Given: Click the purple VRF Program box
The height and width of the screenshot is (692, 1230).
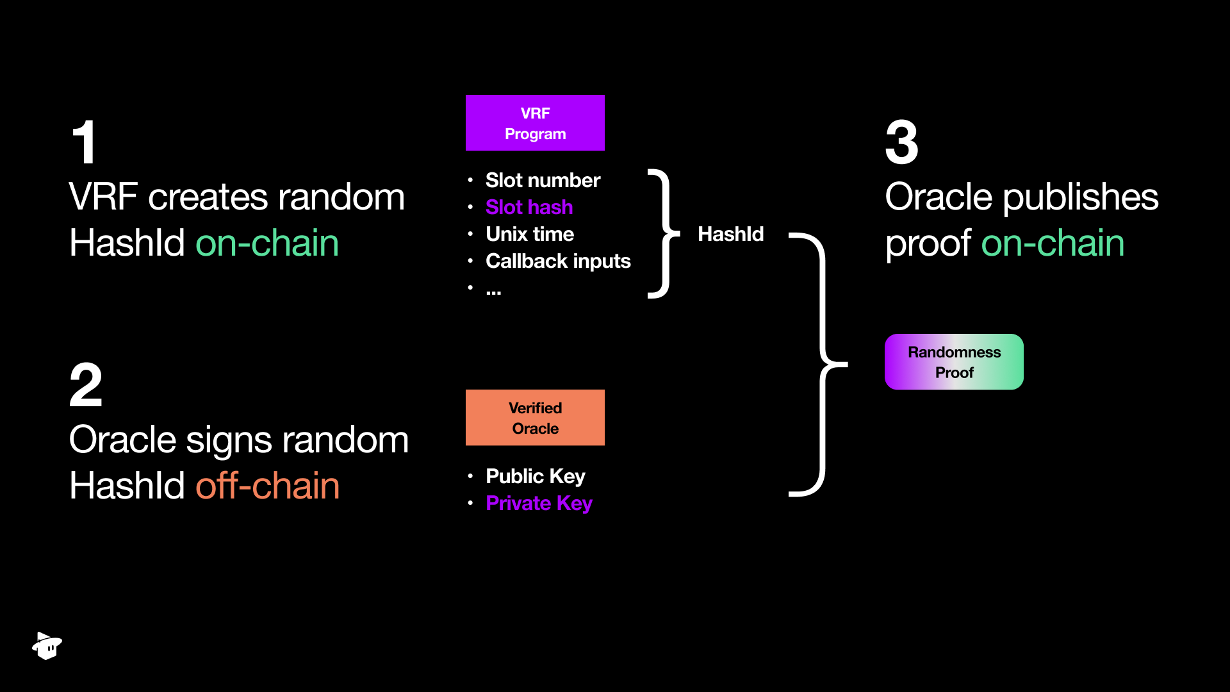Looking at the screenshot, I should [x=535, y=123].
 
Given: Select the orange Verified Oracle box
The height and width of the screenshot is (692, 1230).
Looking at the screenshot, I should [x=535, y=418].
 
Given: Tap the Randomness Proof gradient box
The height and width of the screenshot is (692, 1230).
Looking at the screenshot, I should [x=954, y=362].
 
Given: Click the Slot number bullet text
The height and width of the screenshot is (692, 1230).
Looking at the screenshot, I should [x=543, y=181].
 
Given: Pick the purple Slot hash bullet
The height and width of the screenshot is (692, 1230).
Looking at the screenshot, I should [x=529, y=208].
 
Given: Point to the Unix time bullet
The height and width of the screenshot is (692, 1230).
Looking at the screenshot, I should [x=530, y=235].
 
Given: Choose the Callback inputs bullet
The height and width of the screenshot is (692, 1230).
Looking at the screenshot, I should [x=558, y=261].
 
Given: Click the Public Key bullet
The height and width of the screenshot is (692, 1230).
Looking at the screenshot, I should [x=536, y=477].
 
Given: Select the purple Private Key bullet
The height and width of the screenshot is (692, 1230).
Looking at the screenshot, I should [x=539, y=504].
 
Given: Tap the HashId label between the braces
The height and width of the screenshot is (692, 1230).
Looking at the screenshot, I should [x=730, y=235].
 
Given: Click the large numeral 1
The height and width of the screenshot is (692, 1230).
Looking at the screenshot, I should [x=85, y=142].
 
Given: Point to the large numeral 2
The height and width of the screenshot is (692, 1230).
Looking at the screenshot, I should [x=86, y=385].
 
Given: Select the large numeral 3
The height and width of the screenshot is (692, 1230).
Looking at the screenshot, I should [x=901, y=142].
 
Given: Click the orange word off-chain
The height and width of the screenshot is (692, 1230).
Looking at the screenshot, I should [x=268, y=486].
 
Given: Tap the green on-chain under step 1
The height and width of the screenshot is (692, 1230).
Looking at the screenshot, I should [x=267, y=243].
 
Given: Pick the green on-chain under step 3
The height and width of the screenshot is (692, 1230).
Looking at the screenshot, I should [x=1053, y=243].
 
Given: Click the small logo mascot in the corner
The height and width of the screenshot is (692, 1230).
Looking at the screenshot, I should [x=47, y=645].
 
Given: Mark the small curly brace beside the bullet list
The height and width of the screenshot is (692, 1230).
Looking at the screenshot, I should [x=663, y=234].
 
